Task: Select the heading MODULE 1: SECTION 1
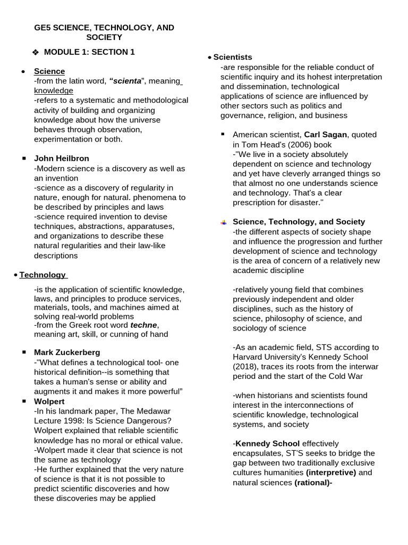(89, 52)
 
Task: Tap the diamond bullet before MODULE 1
(36, 52)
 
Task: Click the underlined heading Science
(49, 71)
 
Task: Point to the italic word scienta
(126, 81)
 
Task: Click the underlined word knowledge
(53, 90)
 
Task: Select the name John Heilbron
(62, 158)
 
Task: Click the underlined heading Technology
(42, 275)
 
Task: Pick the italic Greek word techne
(144, 325)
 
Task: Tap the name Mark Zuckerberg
(67, 352)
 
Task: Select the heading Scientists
(233, 57)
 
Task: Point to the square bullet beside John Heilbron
(24, 159)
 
